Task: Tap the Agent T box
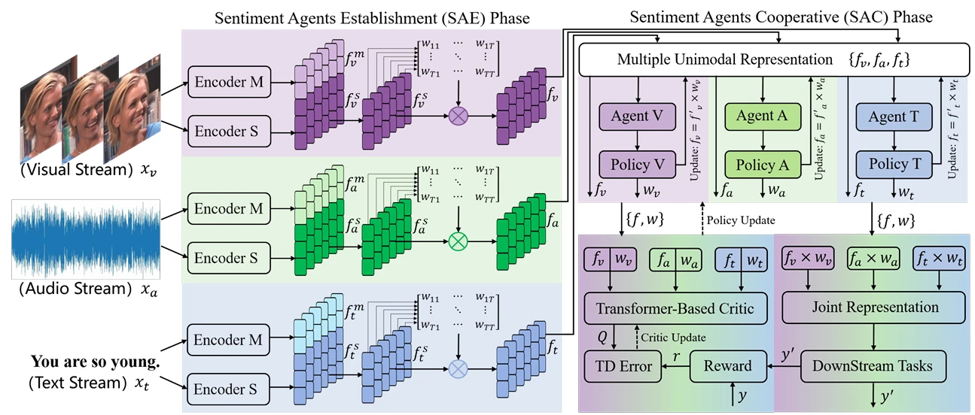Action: [891, 117]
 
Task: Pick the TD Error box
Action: [621, 366]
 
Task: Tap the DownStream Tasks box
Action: [872, 366]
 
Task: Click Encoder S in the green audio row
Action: [228, 258]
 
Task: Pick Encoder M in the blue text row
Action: [228, 340]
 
